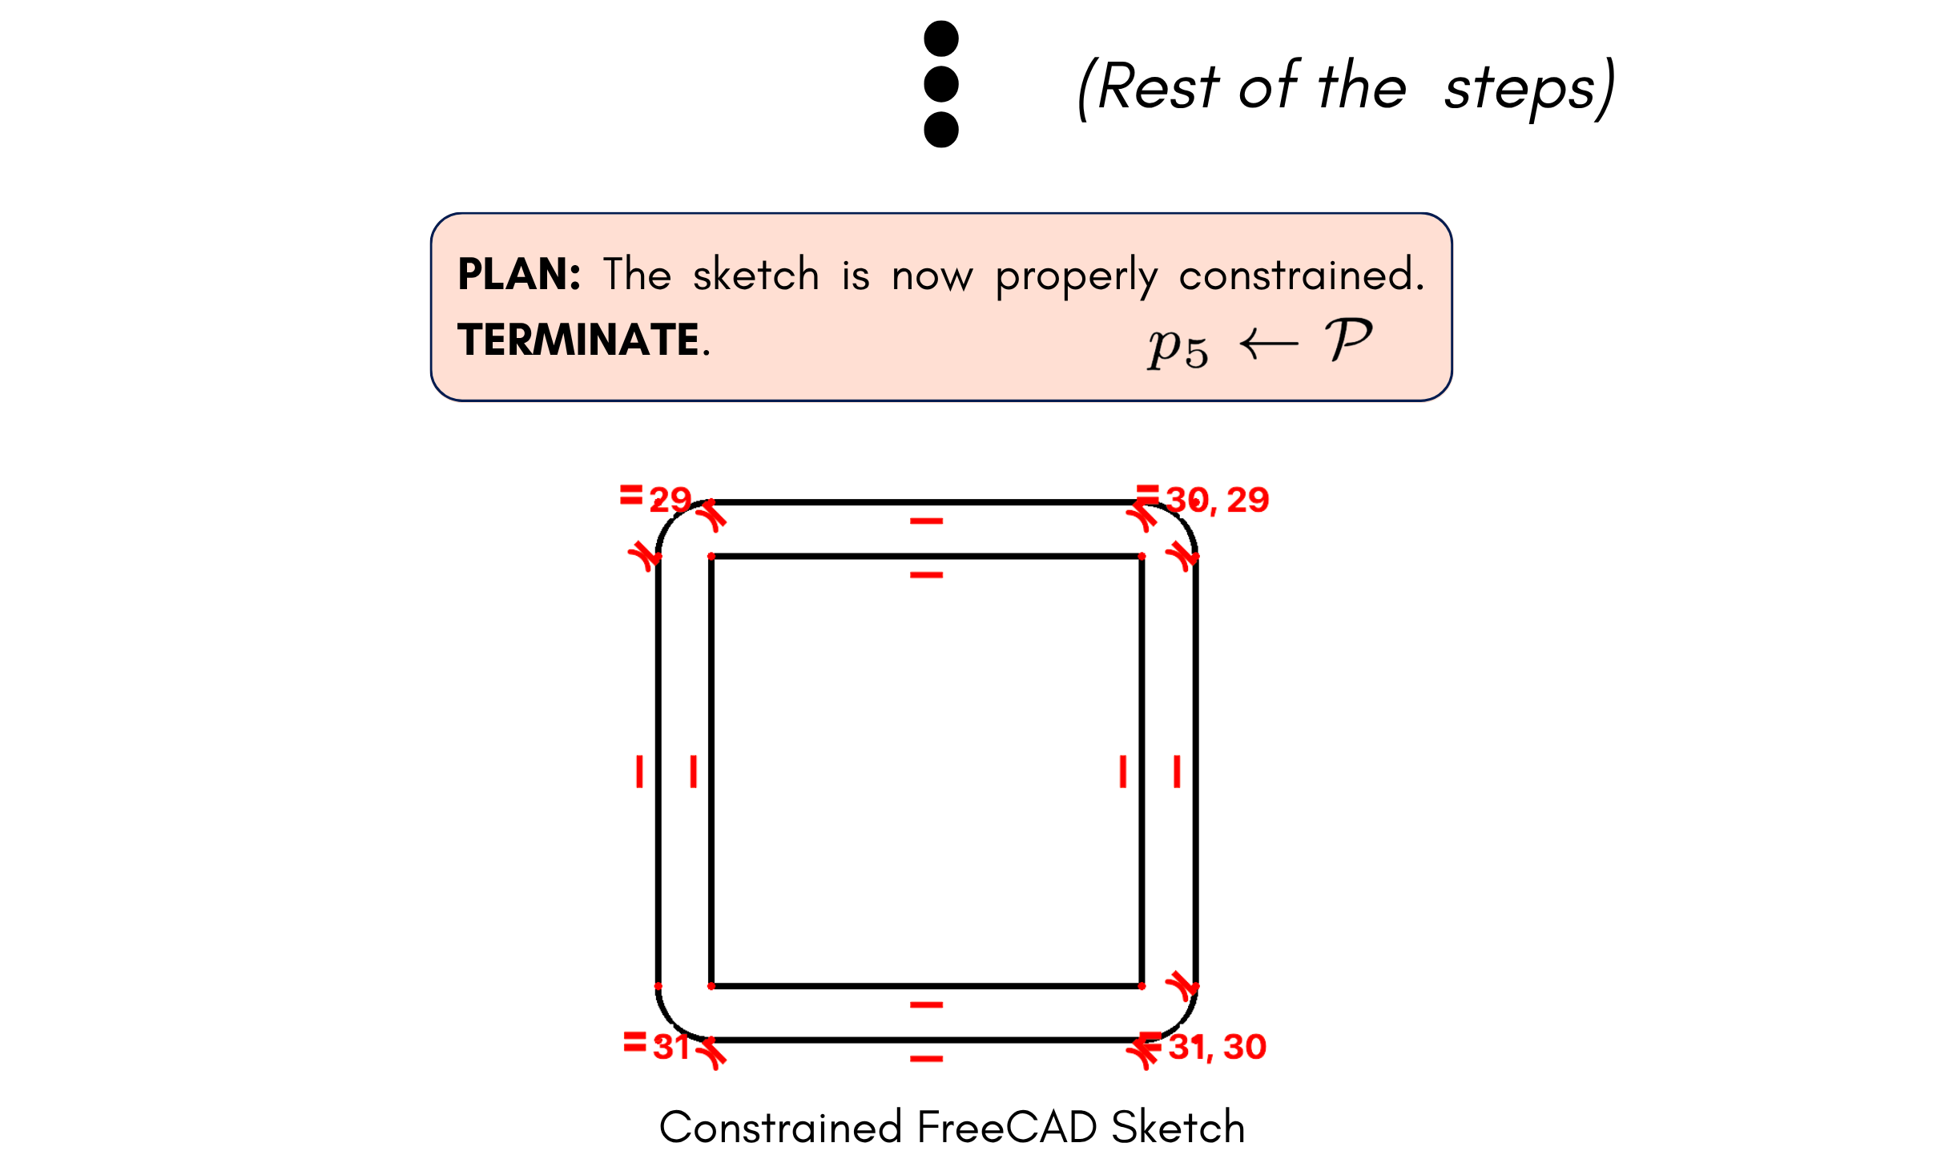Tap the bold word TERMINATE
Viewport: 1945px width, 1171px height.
[578, 340]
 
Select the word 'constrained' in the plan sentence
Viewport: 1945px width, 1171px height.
[1297, 275]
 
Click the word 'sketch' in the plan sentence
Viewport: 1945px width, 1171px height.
[756, 274]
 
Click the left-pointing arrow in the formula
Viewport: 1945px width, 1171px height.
[1269, 344]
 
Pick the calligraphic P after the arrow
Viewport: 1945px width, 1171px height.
[1349, 340]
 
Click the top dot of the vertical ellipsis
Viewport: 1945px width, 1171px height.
[941, 38]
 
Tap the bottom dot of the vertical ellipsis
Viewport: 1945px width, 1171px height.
[941, 130]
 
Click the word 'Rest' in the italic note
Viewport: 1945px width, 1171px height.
[1158, 86]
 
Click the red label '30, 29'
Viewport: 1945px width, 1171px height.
[1218, 500]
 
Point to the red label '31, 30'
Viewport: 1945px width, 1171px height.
[1218, 1047]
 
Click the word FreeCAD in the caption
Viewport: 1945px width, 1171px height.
[1006, 1127]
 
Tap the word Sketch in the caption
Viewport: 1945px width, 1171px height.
[1178, 1127]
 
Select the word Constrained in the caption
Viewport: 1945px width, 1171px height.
[780, 1127]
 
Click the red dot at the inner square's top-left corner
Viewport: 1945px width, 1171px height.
[711, 556]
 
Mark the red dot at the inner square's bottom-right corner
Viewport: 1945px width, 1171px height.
[1142, 986]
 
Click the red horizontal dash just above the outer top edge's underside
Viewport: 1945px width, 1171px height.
[926, 521]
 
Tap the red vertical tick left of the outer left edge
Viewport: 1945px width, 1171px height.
[639, 771]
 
